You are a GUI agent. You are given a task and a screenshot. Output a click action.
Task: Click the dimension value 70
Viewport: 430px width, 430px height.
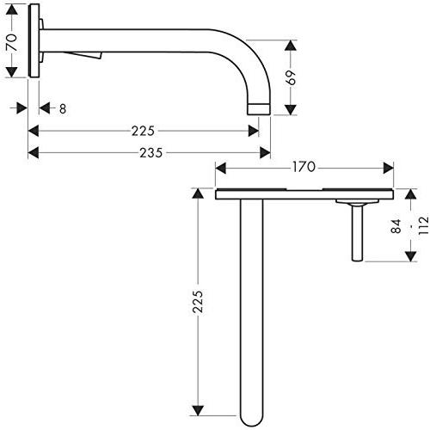point(13,42)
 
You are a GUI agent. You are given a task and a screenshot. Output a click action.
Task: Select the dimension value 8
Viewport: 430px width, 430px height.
point(63,109)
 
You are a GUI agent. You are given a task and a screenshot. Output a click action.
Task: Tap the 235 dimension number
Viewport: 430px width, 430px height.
point(151,153)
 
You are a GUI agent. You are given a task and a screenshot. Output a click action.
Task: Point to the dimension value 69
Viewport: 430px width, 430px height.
point(292,77)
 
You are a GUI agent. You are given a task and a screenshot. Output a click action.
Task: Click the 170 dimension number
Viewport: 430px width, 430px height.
point(304,167)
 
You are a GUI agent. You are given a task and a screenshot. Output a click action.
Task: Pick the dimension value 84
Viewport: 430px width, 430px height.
point(396,226)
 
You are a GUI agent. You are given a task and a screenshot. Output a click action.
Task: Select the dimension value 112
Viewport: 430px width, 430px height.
point(423,225)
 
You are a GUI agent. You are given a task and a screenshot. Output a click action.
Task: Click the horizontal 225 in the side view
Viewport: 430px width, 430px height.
point(143,131)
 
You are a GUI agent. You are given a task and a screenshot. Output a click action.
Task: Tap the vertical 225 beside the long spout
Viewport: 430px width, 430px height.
point(198,302)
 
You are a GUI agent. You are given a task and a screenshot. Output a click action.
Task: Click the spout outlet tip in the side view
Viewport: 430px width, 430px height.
point(259,109)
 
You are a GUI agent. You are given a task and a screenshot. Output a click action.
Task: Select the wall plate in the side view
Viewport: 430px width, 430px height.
point(34,40)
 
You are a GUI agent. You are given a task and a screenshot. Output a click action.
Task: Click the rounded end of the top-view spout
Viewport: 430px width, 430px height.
point(252,421)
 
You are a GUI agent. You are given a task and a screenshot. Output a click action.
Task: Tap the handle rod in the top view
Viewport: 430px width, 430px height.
point(357,233)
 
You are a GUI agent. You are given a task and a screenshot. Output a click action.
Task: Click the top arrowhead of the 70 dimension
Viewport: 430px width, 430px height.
point(11,11)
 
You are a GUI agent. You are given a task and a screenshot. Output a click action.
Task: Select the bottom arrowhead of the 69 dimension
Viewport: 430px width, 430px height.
point(291,110)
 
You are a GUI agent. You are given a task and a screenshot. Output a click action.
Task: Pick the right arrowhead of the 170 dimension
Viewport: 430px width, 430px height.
point(388,168)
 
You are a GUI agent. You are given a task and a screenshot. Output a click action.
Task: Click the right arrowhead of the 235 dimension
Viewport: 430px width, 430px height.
point(265,152)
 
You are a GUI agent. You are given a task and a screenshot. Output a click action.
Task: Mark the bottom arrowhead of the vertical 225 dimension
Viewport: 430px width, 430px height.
point(198,410)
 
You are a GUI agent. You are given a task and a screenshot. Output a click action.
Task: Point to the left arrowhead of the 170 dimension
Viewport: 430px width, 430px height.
point(220,168)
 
